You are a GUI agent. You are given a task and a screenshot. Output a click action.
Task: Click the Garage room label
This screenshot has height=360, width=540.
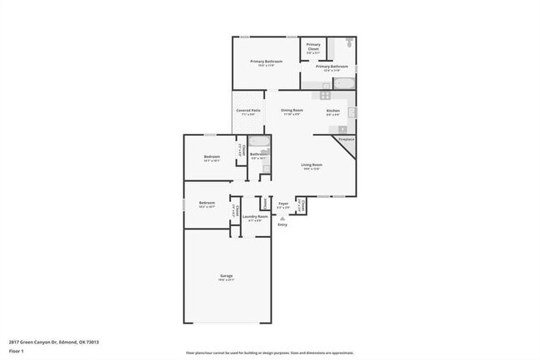(227, 275)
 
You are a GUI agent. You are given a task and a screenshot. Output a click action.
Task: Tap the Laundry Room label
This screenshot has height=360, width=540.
(255, 217)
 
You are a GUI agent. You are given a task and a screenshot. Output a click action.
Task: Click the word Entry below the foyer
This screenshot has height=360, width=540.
(282, 224)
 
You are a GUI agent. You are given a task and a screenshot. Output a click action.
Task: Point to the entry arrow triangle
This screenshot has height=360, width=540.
(282, 218)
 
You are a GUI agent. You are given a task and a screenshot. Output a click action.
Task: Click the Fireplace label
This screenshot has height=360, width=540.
(346, 139)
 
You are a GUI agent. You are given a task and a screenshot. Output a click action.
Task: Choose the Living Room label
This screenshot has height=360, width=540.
(312, 165)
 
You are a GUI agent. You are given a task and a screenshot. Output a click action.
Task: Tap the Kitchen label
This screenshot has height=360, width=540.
(333, 111)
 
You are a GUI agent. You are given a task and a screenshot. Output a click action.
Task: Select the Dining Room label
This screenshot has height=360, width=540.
(292, 111)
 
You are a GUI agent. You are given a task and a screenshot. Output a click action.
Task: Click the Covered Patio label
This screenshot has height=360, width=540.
(248, 111)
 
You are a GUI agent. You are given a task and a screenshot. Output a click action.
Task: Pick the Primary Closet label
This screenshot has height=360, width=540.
(313, 47)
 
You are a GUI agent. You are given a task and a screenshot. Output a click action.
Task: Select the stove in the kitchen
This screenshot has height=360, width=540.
(326, 96)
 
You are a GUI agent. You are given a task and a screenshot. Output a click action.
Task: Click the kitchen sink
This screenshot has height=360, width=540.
(351, 111)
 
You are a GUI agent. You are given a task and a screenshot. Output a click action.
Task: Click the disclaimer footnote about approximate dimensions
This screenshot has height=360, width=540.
(269, 353)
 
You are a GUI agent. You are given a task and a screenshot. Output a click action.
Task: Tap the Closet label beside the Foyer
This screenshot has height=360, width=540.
(302, 205)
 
